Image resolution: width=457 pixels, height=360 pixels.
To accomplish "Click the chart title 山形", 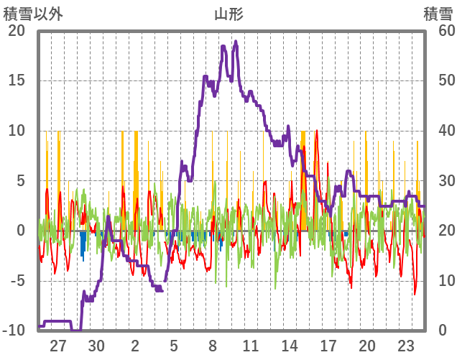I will (228, 14).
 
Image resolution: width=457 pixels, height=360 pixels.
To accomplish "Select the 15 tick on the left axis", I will (17, 80).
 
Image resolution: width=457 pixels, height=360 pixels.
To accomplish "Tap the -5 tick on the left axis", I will (17, 280).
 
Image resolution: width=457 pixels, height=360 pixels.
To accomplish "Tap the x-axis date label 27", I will (58, 344).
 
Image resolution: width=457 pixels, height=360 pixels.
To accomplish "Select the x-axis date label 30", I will (97, 344).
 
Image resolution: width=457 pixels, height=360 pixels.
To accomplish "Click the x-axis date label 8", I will (213, 344).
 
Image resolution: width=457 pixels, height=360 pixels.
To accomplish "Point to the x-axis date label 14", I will (290, 344).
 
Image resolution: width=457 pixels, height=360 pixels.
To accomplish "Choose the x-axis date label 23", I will (405, 344).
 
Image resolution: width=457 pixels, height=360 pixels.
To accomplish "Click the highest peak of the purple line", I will (236, 42).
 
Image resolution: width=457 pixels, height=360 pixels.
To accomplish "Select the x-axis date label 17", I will (328, 344).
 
